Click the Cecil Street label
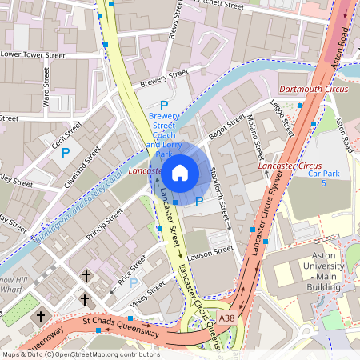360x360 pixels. [67, 134]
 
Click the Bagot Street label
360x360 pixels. [226, 126]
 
